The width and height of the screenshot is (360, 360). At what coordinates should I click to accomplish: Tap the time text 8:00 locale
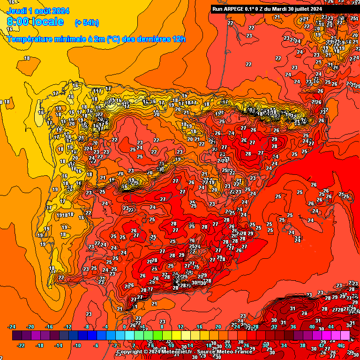[x=36, y=22]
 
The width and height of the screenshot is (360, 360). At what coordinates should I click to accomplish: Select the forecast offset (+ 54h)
[x=87, y=22]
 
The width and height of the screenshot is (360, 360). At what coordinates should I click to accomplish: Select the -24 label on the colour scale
[x=12, y=327]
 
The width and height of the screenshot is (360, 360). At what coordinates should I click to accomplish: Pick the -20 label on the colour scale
[x=31, y=327]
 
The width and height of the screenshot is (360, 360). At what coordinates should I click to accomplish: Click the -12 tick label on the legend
[x=68, y=327]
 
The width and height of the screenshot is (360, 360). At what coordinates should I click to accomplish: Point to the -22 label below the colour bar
[x=22, y=345]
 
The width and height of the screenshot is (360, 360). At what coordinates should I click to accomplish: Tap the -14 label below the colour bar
[x=59, y=345]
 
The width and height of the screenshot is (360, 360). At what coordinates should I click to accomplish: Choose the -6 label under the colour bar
[x=97, y=345]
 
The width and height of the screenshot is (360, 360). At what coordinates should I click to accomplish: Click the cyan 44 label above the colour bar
[x=331, y=327]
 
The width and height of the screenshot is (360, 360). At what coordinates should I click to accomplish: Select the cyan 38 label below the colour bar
[x=303, y=345]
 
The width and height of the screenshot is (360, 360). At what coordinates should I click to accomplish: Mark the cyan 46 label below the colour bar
[x=340, y=345]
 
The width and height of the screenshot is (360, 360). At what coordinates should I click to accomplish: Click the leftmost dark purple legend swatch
[x=17, y=336]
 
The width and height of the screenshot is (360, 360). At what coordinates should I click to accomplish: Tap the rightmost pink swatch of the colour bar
[x=345, y=336]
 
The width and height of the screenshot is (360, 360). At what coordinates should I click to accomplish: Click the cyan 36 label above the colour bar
[x=293, y=327]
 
